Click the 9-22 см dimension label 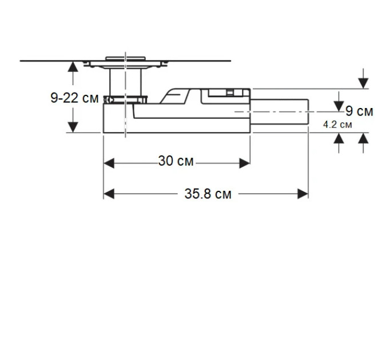click(x=74, y=98)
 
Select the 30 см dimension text click(x=176, y=161)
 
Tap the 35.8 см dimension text click(x=208, y=194)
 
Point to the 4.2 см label click(x=338, y=125)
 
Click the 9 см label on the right click(x=359, y=111)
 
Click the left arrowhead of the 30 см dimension click(x=109, y=163)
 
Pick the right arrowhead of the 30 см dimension click(x=245, y=163)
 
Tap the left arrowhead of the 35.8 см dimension click(x=109, y=194)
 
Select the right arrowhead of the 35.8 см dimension click(x=303, y=194)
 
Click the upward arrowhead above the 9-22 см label click(x=73, y=67)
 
